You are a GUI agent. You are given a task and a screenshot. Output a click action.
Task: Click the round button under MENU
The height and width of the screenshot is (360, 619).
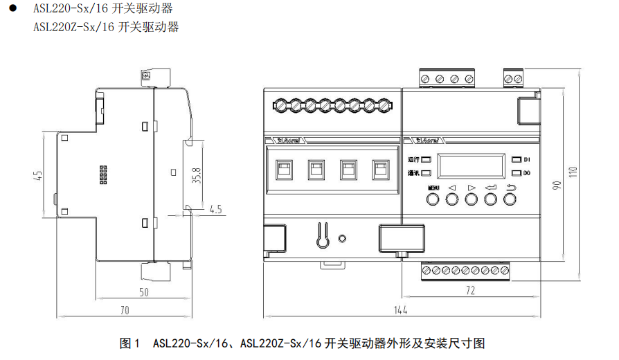tap(433, 199)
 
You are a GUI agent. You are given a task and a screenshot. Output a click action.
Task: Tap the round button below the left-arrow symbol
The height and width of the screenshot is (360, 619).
tap(452, 199)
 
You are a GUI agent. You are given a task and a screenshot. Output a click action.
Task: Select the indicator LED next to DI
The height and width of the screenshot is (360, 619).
tap(515, 159)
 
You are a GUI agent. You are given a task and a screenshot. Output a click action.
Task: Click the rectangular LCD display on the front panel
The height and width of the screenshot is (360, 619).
tap(472, 165)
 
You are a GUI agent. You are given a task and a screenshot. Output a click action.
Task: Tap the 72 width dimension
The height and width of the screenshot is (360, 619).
tap(470, 291)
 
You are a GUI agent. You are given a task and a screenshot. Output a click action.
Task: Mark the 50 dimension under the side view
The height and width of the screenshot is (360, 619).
tap(143, 292)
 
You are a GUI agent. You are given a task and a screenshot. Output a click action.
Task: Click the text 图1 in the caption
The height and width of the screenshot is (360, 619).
tap(130, 343)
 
